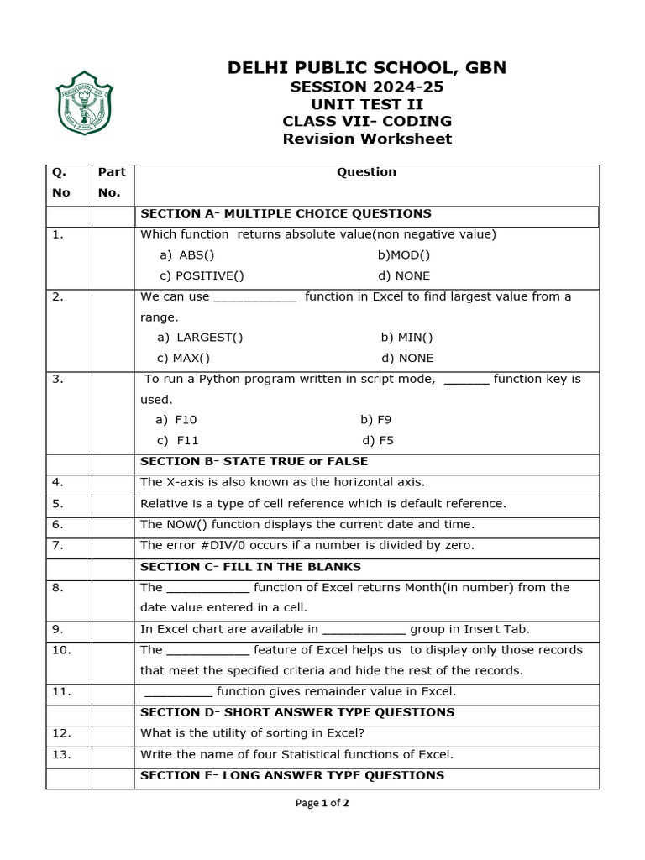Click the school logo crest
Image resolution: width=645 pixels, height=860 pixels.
pyautogui.click(x=84, y=103)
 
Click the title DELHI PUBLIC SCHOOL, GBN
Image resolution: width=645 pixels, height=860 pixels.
pyautogui.click(x=367, y=68)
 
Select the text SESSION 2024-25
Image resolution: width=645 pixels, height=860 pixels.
pyautogui.click(x=367, y=87)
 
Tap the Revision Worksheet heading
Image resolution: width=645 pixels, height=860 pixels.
pyautogui.click(x=367, y=139)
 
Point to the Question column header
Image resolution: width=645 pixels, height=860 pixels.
pyautogui.click(x=366, y=172)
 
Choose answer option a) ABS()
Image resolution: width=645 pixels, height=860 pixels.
pyautogui.click(x=187, y=255)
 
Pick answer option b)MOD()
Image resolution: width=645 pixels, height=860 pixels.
pyautogui.click(x=403, y=255)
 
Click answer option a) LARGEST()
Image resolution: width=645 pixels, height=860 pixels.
pyautogui.click(x=200, y=338)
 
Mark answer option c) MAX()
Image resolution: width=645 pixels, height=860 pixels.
pyautogui.click(x=184, y=358)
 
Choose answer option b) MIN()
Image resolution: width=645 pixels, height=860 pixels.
pyautogui.click(x=406, y=338)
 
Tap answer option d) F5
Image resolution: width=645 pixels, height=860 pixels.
pyautogui.click(x=378, y=440)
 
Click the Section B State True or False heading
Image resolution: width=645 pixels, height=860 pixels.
pyautogui.click(x=254, y=461)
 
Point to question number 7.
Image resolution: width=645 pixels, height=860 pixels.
pyautogui.click(x=57, y=545)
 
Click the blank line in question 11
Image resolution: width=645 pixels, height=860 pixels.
pyautogui.click(x=179, y=693)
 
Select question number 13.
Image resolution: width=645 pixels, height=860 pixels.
pyautogui.click(x=61, y=754)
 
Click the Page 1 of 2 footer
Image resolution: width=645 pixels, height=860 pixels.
pyautogui.click(x=322, y=803)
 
